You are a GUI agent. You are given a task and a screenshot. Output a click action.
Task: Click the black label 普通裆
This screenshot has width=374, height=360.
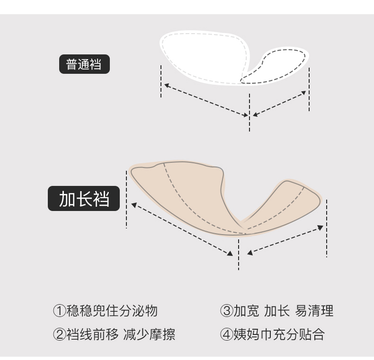[x=84, y=64]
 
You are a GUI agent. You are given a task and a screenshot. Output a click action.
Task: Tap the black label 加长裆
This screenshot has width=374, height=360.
[x=84, y=200]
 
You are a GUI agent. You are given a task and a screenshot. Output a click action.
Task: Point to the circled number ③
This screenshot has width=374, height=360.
[x=226, y=311]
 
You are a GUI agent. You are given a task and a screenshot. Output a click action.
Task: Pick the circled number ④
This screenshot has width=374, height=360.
[x=226, y=335]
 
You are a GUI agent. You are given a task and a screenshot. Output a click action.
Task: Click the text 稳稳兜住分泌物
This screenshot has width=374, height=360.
[x=111, y=311]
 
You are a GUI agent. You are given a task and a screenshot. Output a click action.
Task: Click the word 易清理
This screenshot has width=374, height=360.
[x=314, y=311]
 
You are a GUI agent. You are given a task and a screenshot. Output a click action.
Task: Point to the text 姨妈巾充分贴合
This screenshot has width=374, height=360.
[x=278, y=335]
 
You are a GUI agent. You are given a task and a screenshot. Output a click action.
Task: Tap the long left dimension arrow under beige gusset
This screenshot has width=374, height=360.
[x=182, y=229]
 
